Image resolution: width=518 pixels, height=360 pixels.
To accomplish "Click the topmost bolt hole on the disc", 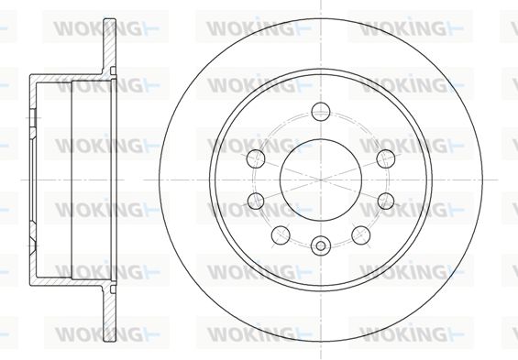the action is point(321,111).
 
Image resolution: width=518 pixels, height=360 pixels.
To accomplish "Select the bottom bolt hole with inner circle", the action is point(321,245).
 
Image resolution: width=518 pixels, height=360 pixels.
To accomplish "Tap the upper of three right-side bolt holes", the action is point(386,158).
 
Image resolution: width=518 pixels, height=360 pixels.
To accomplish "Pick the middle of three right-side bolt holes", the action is point(386,201).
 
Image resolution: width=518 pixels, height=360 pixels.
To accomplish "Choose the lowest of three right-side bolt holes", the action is point(360,235).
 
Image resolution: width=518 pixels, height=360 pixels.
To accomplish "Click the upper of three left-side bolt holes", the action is point(256,158).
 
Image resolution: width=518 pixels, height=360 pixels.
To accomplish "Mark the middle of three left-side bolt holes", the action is point(256,201).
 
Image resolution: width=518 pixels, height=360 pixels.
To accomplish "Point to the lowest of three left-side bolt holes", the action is point(281,235).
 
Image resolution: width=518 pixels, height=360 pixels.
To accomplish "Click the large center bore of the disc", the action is point(321,180).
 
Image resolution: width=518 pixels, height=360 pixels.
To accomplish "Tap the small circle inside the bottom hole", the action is point(321,245).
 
